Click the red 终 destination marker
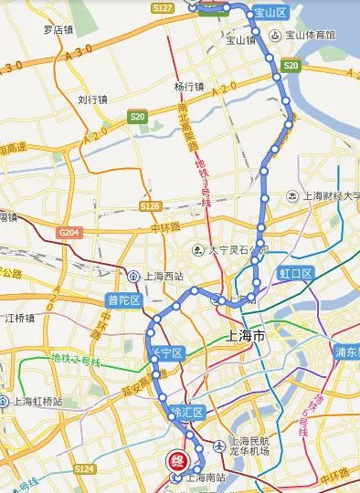173,462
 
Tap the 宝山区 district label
270,13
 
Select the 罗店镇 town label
58,29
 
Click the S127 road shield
164,7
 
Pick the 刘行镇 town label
93,100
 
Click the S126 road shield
151,206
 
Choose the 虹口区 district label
296,273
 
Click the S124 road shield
84,468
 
